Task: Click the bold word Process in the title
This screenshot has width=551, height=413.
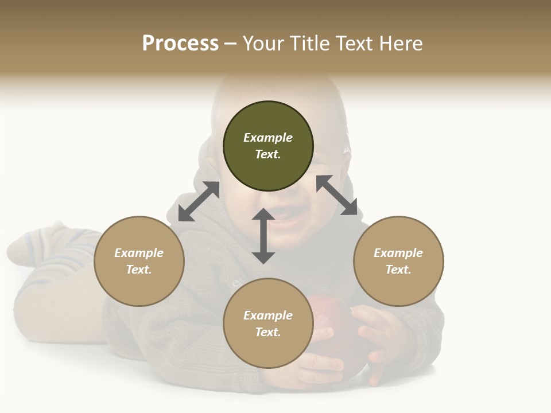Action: point(180,44)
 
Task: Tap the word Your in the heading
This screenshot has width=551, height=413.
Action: point(262,44)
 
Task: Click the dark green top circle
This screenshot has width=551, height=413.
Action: point(268,166)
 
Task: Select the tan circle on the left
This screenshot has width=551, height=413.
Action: point(139,281)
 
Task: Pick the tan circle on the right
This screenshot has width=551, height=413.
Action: point(398,281)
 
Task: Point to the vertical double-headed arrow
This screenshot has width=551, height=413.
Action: point(263,236)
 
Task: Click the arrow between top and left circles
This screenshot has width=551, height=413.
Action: point(199,201)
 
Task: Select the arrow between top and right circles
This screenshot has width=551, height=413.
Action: point(336,195)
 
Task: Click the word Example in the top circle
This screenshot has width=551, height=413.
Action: point(268,138)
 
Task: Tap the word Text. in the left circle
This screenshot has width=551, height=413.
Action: point(139,270)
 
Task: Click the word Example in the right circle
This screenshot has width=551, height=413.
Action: point(398,253)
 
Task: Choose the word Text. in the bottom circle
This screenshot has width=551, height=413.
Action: point(268,332)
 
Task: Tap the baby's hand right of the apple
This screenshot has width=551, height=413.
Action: point(379,338)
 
